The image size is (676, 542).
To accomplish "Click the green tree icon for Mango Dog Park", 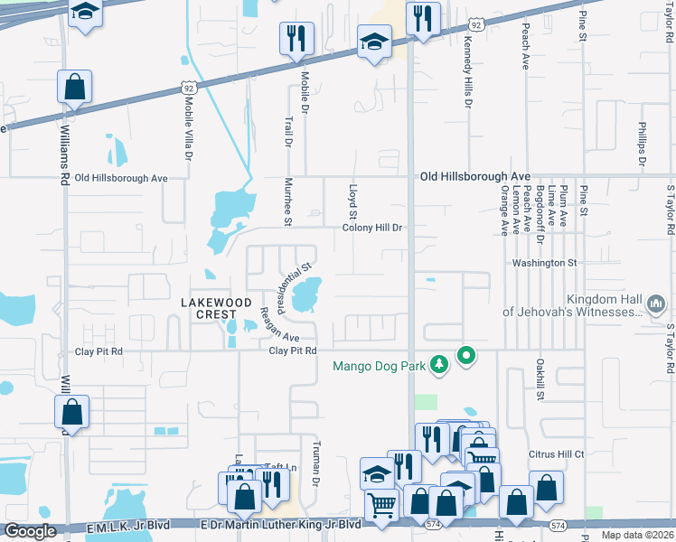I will pyautogui.click(x=439, y=364).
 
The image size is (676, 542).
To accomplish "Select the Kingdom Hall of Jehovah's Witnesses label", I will pyautogui.click(x=572, y=305).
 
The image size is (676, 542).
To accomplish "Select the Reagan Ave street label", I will pyautogui.click(x=268, y=322).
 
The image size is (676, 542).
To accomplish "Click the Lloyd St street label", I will pyautogui.click(x=352, y=201).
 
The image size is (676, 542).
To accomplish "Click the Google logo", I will pyautogui.click(x=30, y=531).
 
